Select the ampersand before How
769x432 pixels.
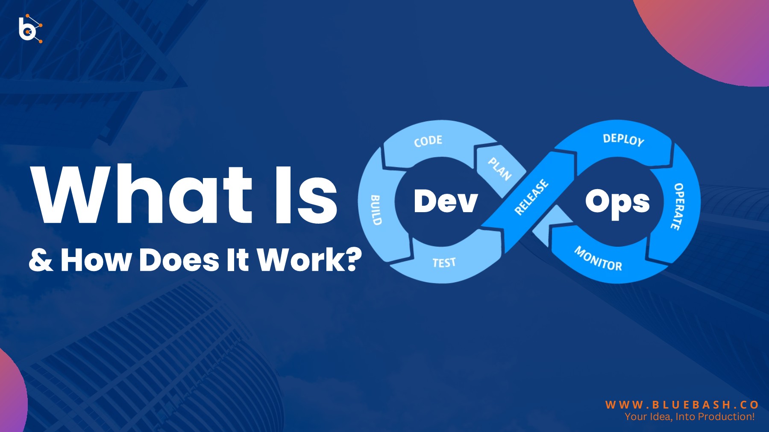click(x=41, y=260)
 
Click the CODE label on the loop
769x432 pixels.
click(x=428, y=141)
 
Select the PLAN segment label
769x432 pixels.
click(x=499, y=169)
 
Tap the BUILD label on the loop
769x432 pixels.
click(x=375, y=210)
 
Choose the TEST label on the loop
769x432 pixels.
click(x=444, y=263)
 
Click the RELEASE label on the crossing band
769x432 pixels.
click(x=531, y=197)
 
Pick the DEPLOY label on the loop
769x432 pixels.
click(x=623, y=140)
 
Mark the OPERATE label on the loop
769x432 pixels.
click(x=677, y=207)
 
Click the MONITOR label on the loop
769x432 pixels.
click(x=598, y=259)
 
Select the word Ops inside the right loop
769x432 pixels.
click(x=617, y=201)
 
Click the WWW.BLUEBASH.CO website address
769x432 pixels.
click(x=682, y=405)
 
